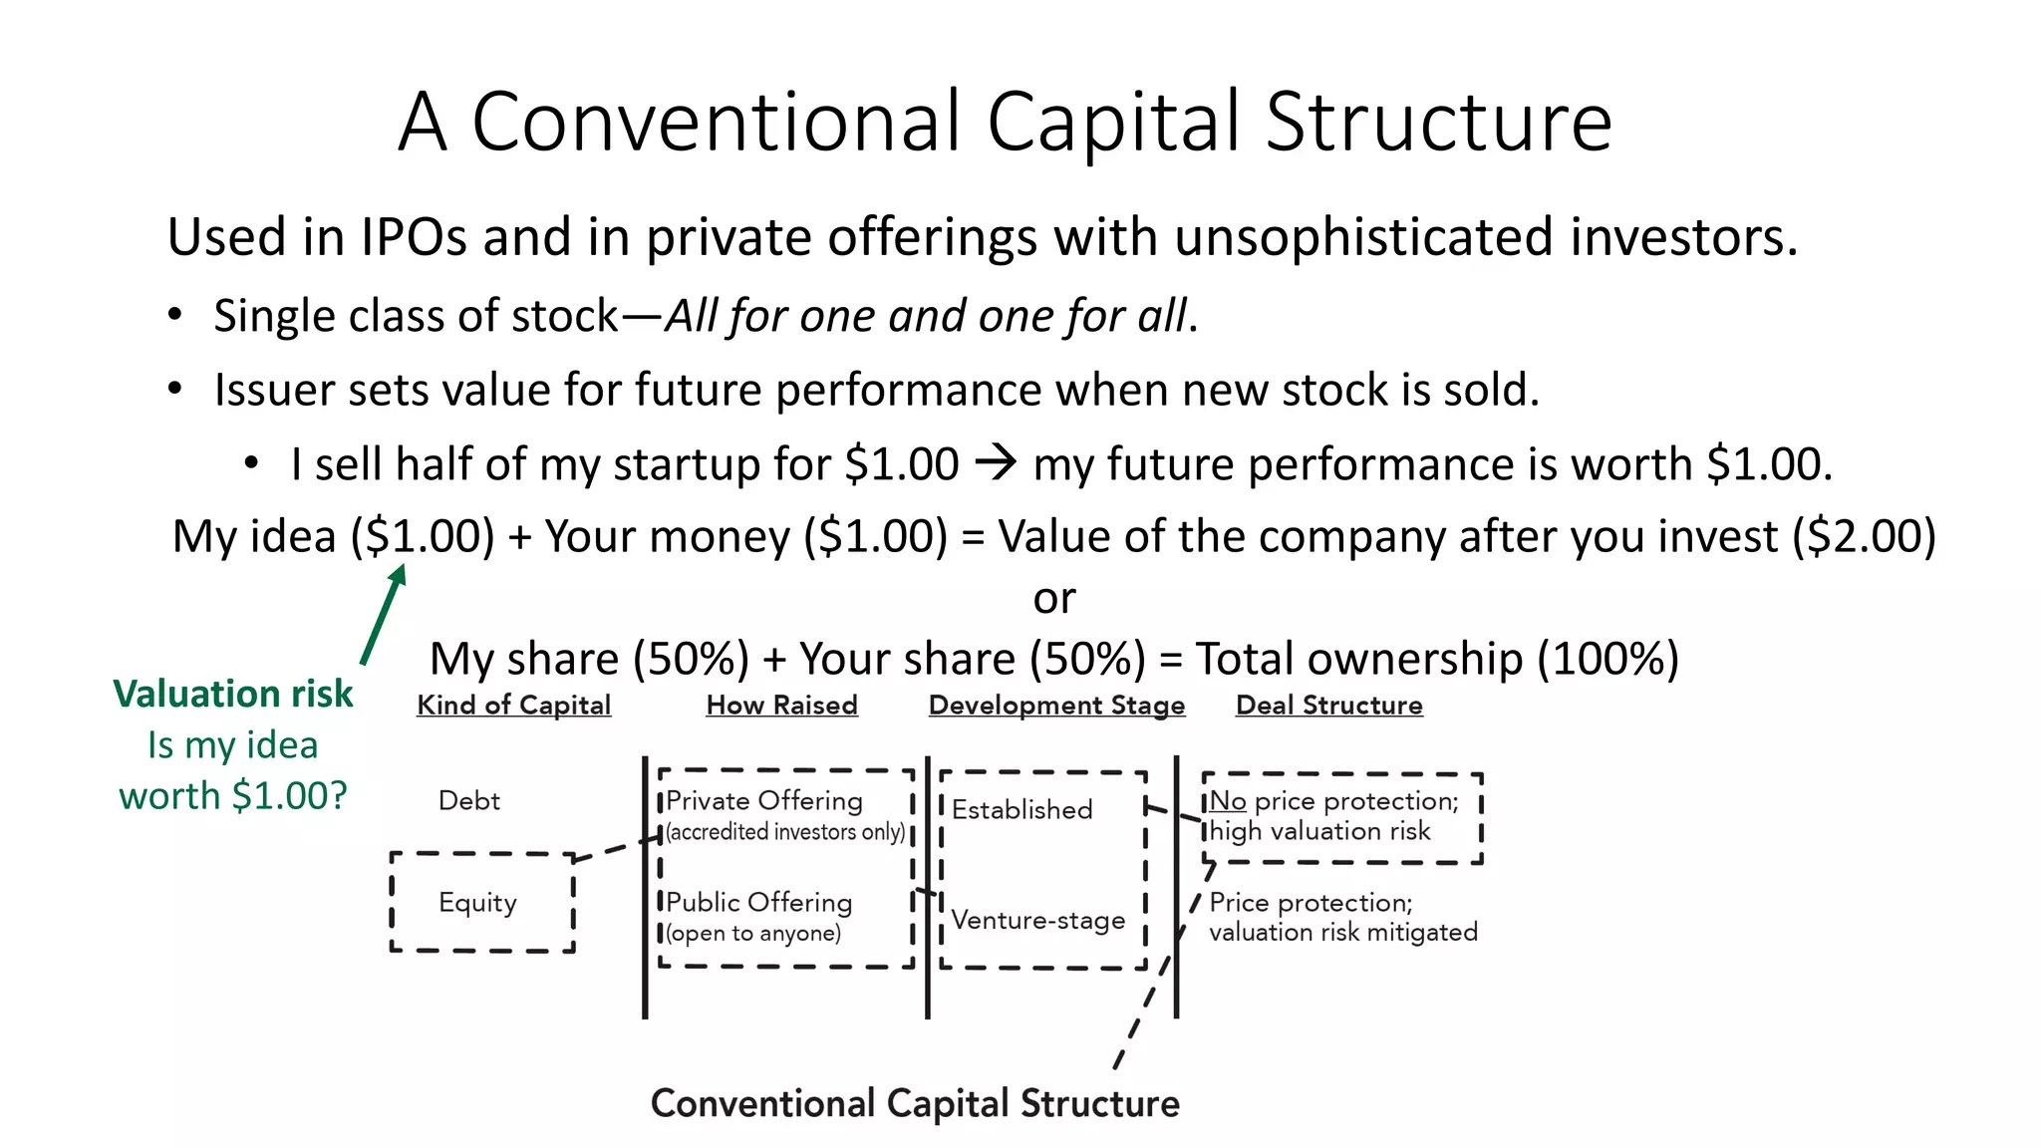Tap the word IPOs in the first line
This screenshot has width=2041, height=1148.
(x=413, y=237)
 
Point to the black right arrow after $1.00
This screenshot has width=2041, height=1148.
(x=995, y=462)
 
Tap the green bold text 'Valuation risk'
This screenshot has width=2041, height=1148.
(x=232, y=694)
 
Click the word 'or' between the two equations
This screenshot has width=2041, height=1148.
(x=1053, y=598)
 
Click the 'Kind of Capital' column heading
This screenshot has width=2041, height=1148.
(x=513, y=705)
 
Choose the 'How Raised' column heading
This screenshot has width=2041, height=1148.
(x=781, y=705)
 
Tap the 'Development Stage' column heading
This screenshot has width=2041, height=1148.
(x=1056, y=705)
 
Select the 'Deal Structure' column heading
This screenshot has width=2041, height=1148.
(x=1328, y=705)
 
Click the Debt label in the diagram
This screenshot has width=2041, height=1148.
(x=468, y=800)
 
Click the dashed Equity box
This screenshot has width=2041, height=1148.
(x=482, y=902)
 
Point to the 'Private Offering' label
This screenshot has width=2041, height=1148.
(x=763, y=800)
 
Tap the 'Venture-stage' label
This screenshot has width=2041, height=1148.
(x=1037, y=920)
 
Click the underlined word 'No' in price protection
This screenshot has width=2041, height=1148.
(x=1228, y=801)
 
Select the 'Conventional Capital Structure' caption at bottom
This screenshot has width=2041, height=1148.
(x=915, y=1103)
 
